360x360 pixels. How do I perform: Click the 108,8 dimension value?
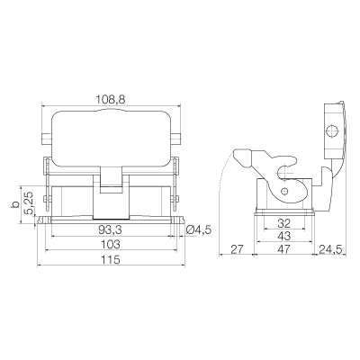click(x=111, y=99)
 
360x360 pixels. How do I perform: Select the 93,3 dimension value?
click(x=110, y=229)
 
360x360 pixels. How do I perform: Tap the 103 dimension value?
click(x=110, y=244)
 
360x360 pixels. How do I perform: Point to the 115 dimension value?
click(x=110, y=259)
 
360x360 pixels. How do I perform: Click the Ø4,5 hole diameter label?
click(x=199, y=229)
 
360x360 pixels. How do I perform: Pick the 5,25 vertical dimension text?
click(x=29, y=203)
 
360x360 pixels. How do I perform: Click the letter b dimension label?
click(x=14, y=204)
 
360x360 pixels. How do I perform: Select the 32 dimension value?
click(x=284, y=223)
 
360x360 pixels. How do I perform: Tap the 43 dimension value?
click(x=284, y=236)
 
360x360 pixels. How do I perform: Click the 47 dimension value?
click(x=284, y=249)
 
